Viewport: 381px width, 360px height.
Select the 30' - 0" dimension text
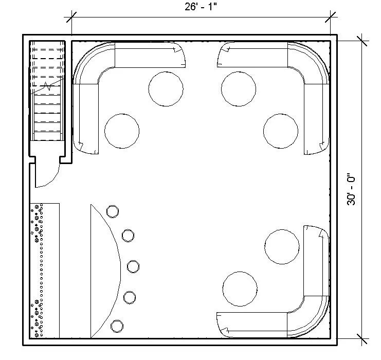(352, 190)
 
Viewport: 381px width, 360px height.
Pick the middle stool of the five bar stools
(133, 266)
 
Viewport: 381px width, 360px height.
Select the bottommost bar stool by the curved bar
(117, 326)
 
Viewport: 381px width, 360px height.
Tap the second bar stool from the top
(128, 236)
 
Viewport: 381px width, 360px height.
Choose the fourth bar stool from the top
(130, 297)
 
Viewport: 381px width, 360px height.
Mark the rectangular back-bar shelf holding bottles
(45, 270)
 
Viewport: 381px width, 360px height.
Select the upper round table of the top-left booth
(166, 88)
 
